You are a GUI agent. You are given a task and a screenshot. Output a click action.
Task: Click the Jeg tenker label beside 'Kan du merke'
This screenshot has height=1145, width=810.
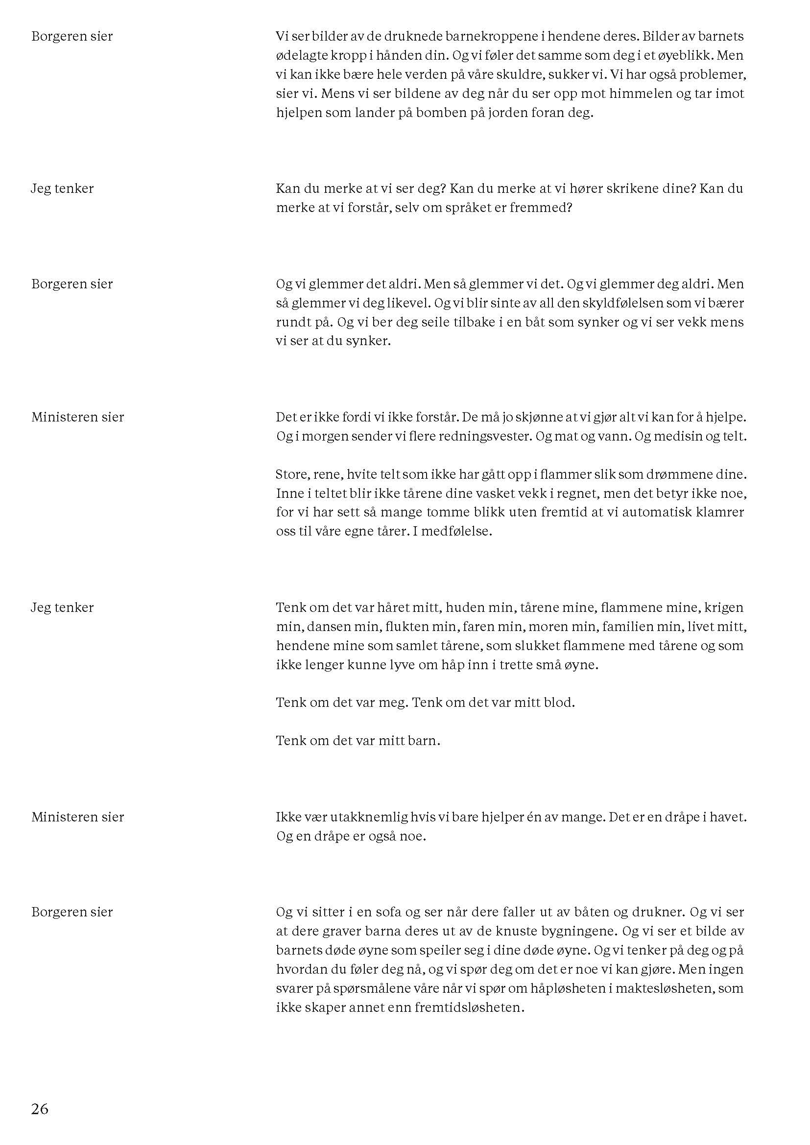(62, 188)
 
